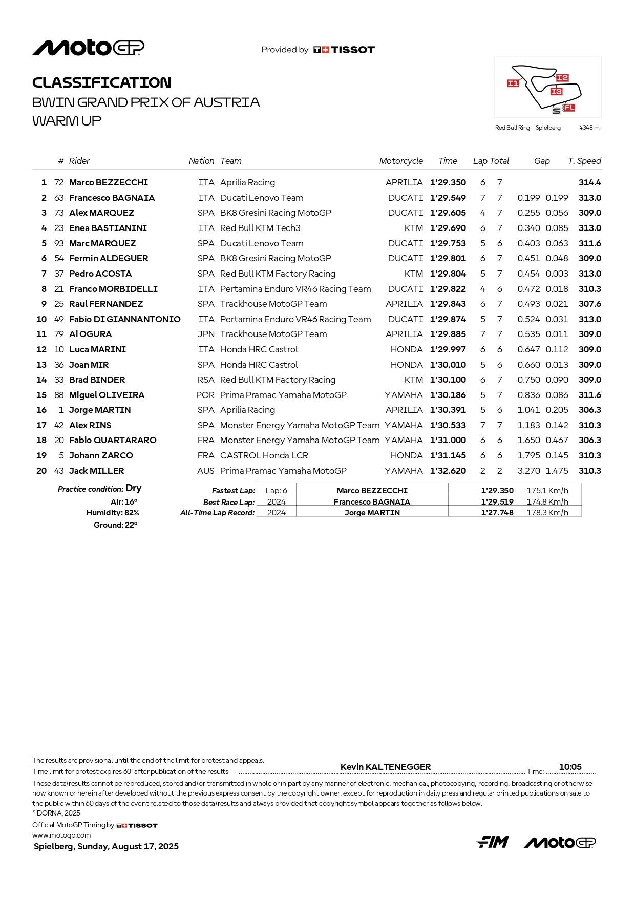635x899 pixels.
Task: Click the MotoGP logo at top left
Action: pyautogui.click(x=88, y=48)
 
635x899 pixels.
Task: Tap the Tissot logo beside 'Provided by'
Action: pyautogui.click(x=344, y=50)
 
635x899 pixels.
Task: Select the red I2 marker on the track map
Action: pyautogui.click(x=562, y=78)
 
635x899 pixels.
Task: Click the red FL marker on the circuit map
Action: pyautogui.click(x=569, y=108)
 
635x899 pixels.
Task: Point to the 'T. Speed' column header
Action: pyautogui.click(x=584, y=161)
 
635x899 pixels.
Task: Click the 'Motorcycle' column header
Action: pyautogui.click(x=401, y=161)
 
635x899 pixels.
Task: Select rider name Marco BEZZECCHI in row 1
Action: pyautogui.click(x=109, y=182)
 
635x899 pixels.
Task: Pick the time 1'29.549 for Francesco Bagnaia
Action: pyautogui.click(x=448, y=198)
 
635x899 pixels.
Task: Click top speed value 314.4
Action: pyautogui.click(x=590, y=182)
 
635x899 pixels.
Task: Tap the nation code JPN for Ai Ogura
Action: pyautogui.click(x=206, y=334)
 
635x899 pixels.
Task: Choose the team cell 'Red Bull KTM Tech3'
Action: pyautogui.click(x=260, y=228)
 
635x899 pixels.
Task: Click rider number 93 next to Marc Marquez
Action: pyautogui.click(x=59, y=243)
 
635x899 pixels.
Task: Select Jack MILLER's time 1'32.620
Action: pyautogui.click(x=448, y=471)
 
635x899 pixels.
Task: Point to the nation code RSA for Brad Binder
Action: pyautogui.click(x=206, y=380)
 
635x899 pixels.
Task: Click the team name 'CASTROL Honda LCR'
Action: pyautogui.click(x=264, y=455)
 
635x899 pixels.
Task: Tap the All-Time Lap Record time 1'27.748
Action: pyautogui.click(x=497, y=512)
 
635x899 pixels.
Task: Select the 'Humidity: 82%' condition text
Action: pyautogui.click(x=113, y=513)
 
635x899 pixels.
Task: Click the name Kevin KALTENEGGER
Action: pyautogui.click(x=386, y=767)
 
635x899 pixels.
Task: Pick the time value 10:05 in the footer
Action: pyautogui.click(x=570, y=767)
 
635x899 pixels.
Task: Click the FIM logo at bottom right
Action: pyautogui.click(x=492, y=842)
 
